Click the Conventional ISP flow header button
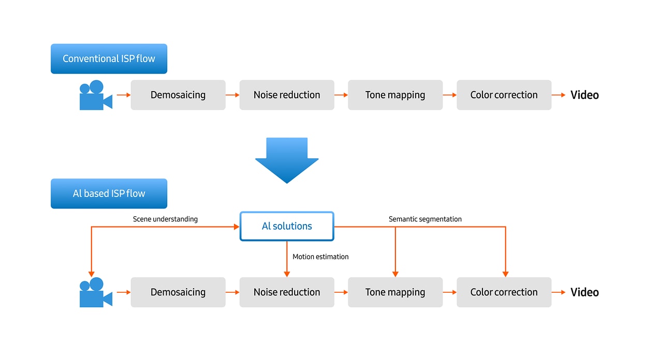click(x=109, y=58)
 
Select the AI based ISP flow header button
click(x=109, y=193)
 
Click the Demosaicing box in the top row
click(x=178, y=95)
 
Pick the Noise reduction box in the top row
click(x=287, y=95)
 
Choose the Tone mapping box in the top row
click(x=395, y=95)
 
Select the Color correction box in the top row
click(x=504, y=95)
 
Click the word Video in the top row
click(x=584, y=95)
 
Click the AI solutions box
click(x=287, y=226)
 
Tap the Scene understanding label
click(x=165, y=219)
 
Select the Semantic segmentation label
click(x=425, y=219)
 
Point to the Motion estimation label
click(x=320, y=257)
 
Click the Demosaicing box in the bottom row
click(x=178, y=292)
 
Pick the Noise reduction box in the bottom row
click(x=287, y=292)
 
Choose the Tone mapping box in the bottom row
click(x=395, y=292)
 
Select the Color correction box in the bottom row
click(x=504, y=292)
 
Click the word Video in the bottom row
click(x=584, y=292)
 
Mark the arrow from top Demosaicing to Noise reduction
click(x=232, y=95)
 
